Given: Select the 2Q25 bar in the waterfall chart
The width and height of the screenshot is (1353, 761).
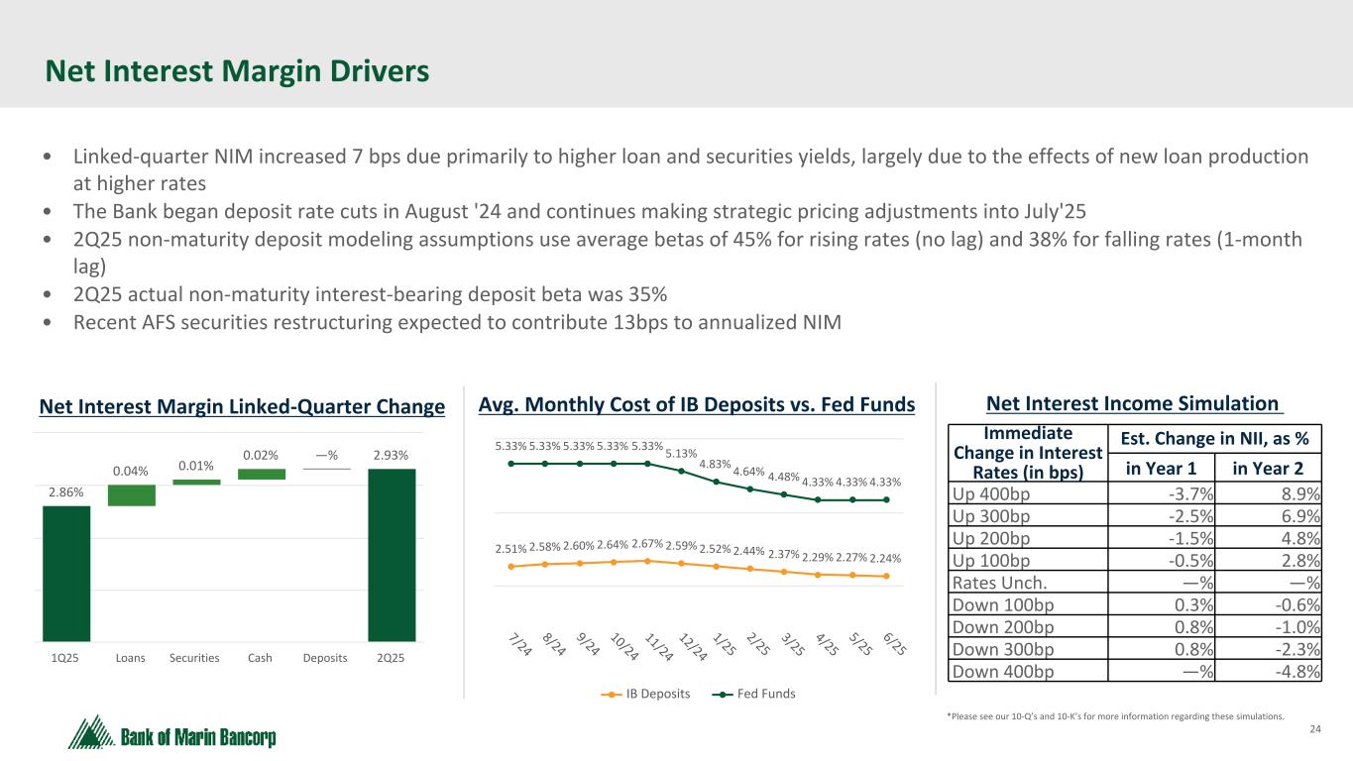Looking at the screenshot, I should tap(392, 555).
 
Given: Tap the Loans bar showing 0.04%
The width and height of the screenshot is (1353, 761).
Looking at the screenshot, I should tap(132, 494).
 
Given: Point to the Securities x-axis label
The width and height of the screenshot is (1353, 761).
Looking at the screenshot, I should tap(194, 658).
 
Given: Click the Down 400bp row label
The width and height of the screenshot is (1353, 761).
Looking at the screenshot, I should tap(1003, 671).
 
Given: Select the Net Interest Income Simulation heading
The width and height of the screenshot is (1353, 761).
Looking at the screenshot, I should tap(1132, 403).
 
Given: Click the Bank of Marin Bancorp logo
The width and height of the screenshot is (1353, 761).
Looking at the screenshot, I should tap(172, 734).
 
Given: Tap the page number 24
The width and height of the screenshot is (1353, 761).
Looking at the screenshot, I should tap(1316, 731).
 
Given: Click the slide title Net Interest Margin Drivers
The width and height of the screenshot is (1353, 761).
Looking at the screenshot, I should tap(237, 71).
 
